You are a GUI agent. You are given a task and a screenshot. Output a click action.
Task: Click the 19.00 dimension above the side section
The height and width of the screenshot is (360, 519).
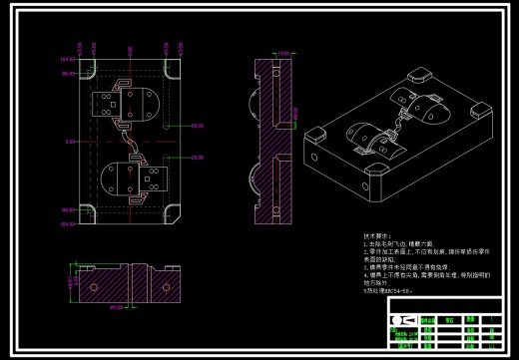pyautogui.click(x=283, y=53)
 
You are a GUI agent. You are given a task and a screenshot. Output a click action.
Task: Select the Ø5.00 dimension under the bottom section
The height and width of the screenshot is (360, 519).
pyautogui.click(x=116, y=307)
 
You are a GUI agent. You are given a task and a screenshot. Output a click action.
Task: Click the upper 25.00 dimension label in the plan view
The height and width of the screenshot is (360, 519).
pyautogui.click(x=197, y=127)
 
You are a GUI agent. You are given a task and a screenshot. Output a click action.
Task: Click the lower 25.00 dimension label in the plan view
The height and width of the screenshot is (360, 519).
pyautogui.click(x=197, y=158)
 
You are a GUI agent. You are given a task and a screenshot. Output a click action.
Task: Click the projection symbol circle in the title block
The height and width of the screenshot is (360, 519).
pyautogui.click(x=395, y=321)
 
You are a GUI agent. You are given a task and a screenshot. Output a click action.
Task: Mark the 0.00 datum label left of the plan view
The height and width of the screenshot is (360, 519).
pyautogui.click(x=70, y=143)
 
